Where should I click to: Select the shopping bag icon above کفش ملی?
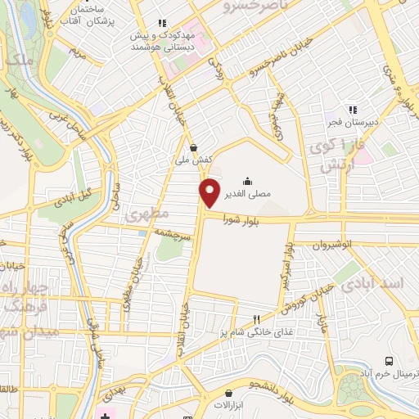click(192, 148)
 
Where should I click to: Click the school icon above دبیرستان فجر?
click(353, 109)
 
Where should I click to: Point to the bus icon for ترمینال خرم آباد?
click(389, 360)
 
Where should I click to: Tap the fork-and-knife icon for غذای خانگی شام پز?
click(256, 320)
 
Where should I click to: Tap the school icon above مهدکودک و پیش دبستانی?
click(162, 23)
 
